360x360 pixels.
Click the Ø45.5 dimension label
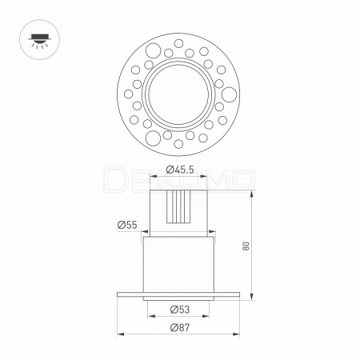tap(180, 170)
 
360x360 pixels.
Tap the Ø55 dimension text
tap(127, 225)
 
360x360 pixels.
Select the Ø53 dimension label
tap(180, 310)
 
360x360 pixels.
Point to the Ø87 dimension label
tap(180, 327)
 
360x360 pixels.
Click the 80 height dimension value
tap(246, 246)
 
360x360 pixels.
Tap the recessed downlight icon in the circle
tap(39, 40)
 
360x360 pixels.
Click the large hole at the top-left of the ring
tap(153, 50)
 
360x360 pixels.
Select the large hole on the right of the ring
tap(229, 94)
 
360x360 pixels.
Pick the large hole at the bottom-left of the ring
tap(153, 138)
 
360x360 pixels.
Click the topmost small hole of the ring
tap(178, 43)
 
